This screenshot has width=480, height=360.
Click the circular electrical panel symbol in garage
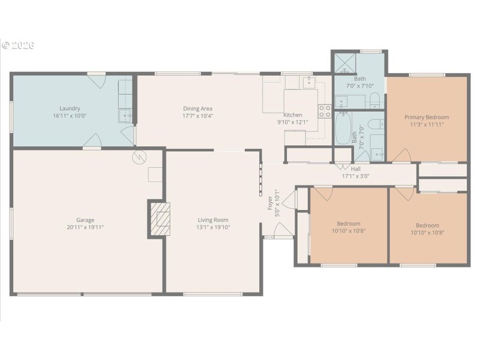(x=139, y=157)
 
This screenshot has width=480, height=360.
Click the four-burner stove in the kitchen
(x=325, y=110)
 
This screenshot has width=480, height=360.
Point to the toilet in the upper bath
(x=374, y=98)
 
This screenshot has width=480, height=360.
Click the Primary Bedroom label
(x=426, y=117)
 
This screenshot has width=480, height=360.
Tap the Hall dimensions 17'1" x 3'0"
(x=355, y=176)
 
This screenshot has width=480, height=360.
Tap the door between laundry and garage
(x=92, y=142)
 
